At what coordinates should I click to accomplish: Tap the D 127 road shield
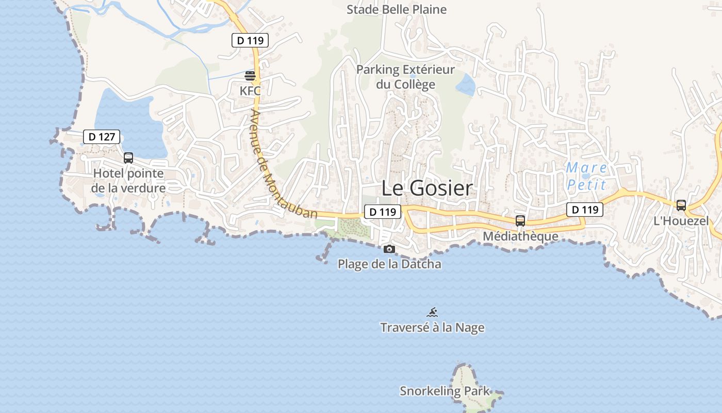pyautogui.click(x=102, y=137)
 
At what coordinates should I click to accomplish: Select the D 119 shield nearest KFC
pyautogui.click(x=250, y=40)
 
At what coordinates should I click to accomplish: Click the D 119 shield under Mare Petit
pyautogui.click(x=585, y=209)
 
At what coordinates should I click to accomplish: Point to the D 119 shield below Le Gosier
pyautogui.click(x=383, y=211)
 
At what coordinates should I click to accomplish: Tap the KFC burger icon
pyautogui.click(x=250, y=76)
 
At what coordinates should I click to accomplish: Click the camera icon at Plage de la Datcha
pyautogui.click(x=389, y=249)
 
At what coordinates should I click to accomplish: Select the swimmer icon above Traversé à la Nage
pyautogui.click(x=432, y=312)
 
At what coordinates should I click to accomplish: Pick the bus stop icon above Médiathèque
pyautogui.click(x=520, y=221)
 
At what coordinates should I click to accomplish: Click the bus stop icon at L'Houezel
pyautogui.click(x=681, y=205)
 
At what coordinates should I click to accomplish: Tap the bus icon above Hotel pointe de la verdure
pyautogui.click(x=128, y=158)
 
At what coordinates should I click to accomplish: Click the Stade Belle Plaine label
pyautogui.click(x=397, y=9)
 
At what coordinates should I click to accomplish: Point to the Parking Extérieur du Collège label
pyautogui.click(x=406, y=76)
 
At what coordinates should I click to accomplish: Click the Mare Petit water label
pyautogui.click(x=586, y=176)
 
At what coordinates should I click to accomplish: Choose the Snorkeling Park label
pyautogui.click(x=445, y=391)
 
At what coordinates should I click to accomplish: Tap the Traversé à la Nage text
pyautogui.click(x=432, y=327)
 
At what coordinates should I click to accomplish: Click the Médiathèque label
pyautogui.click(x=520, y=236)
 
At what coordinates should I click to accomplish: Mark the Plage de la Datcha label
pyautogui.click(x=389, y=264)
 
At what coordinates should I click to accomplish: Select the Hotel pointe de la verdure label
pyautogui.click(x=128, y=181)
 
